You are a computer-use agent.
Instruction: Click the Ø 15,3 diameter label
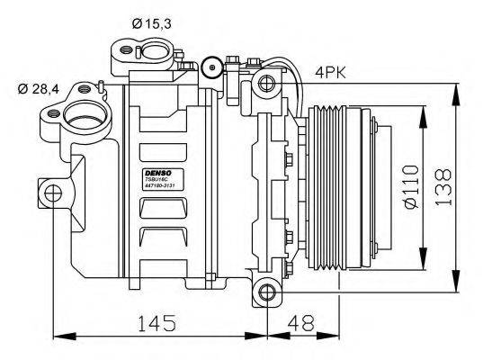point(151,22)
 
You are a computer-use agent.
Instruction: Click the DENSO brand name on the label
point(157,171)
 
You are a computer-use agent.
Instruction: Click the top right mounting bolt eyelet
point(266,84)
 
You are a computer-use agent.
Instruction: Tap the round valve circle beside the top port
point(212,65)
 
